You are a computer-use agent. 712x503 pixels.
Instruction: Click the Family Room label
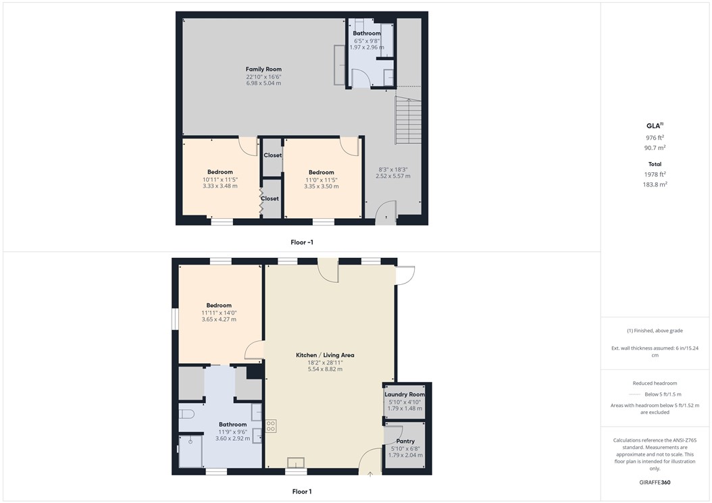(263, 69)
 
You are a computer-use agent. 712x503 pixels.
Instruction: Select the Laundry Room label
(405, 394)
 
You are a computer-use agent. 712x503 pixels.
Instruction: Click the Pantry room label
(405, 442)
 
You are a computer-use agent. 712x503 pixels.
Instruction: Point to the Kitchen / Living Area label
(325, 355)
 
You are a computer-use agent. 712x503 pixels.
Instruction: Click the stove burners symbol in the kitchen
(272, 425)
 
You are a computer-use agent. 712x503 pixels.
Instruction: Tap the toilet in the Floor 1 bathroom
(186, 413)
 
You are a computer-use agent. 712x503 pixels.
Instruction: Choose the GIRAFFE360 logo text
(655, 483)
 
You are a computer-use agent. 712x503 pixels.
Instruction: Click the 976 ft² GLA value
(655, 138)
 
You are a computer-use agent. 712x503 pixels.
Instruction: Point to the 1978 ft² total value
(655, 174)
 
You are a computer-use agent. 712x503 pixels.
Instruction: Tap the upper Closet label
(272, 155)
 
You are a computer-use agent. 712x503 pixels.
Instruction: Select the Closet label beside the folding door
(270, 198)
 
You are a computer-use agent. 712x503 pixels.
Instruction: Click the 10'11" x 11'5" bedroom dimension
(220, 180)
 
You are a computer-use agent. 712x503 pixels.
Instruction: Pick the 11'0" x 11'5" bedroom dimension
(321, 180)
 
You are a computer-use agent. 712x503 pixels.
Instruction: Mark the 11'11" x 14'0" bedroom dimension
(219, 313)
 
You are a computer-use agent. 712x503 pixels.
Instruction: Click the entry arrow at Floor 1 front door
(370, 474)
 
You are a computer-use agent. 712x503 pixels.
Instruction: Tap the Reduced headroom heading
(655, 383)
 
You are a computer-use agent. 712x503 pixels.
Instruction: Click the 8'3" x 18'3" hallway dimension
(393, 169)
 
